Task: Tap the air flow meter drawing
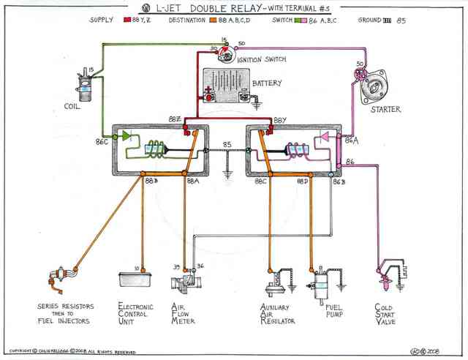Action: tap(186, 282)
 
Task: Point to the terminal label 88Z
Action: tap(175, 119)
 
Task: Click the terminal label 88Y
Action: tap(281, 119)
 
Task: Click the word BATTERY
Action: tap(267, 83)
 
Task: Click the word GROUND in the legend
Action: tap(369, 20)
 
